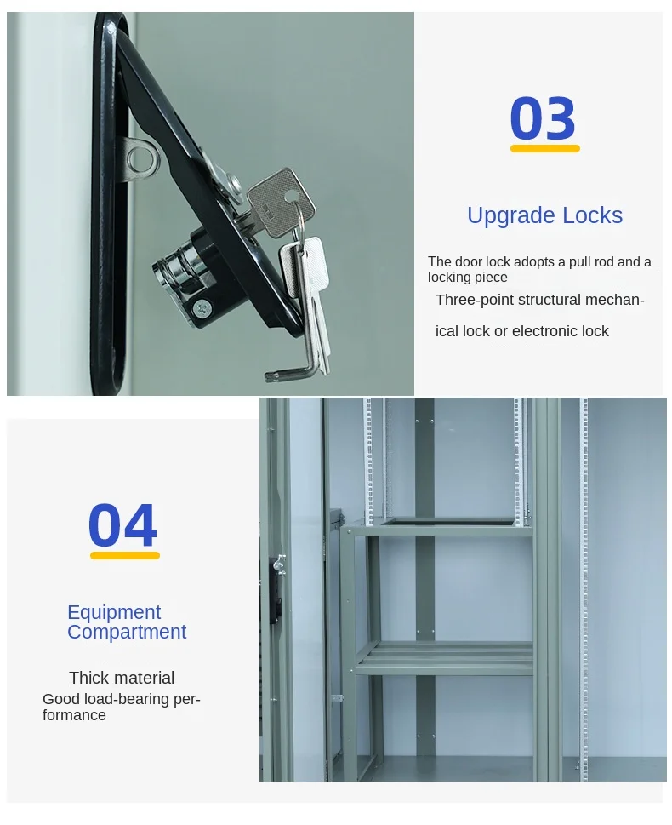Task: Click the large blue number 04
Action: (x=122, y=524)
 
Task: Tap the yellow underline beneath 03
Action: (x=544, y=149)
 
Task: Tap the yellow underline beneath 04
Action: (x=125, y=555)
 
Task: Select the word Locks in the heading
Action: (x=592, y=215)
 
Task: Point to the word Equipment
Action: (x=114, y=613)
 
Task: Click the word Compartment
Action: (x=127, y=632)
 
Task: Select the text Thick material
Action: (x=122, y=678)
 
